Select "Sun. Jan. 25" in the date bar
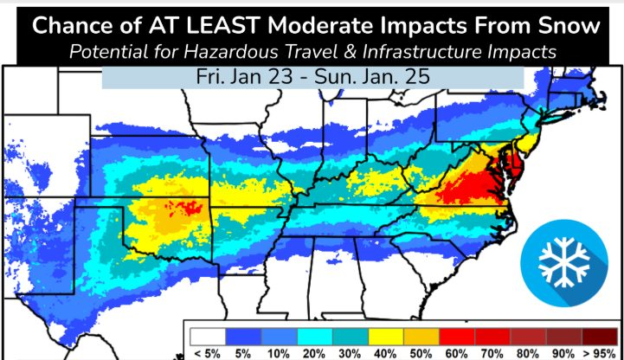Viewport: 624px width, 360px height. click(x=385, y=76)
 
